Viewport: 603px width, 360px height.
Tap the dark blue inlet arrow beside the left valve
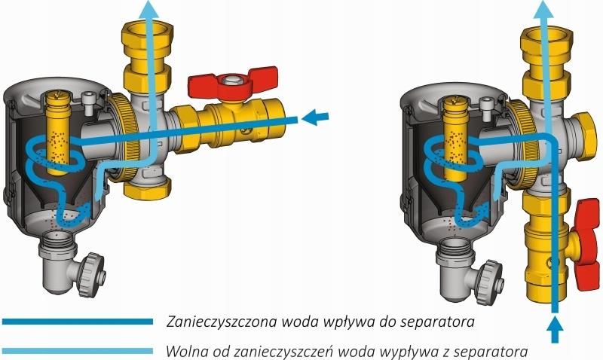tap(315, 117)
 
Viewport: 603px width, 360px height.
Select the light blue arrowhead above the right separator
tap(543, 9)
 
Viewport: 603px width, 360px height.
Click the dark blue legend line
tap(78, 322)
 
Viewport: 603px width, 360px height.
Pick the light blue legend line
tap(78, 351)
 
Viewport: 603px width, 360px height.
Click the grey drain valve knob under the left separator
tap(92, 274)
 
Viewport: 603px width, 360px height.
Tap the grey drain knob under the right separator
tap(491, 282)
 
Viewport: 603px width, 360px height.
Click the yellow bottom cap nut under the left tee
tap(145, 189)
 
